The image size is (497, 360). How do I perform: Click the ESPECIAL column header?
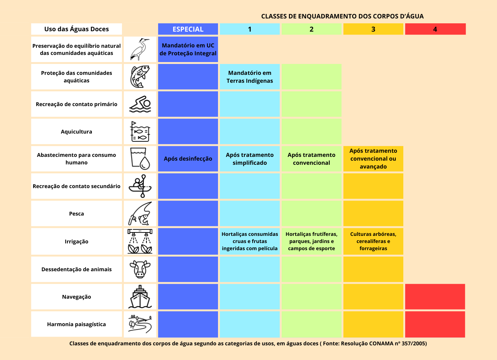click(188, 29)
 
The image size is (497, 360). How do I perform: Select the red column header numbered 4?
click(435, 29)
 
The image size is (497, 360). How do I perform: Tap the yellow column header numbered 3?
click(373, 29)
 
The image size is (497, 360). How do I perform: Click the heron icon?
click(140, 49)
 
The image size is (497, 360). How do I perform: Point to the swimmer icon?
click(140, 104)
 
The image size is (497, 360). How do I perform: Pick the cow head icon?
click(140, 269)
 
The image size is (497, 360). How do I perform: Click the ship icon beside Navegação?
click(140, 297)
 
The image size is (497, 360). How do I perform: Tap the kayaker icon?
click(140, 186)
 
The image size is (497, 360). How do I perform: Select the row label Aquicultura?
click(76, 132)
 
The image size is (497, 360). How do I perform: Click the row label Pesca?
click(76, 214)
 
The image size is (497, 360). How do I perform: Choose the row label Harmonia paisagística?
click(76, 324)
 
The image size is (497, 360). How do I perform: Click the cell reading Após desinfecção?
click(188, 159)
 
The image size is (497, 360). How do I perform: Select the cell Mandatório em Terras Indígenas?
click(250, 77)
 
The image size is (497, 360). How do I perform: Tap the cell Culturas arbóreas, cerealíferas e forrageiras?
click(373, 241)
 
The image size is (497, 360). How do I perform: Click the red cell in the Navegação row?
click(435, 297)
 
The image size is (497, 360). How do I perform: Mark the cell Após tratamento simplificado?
click(250, 159)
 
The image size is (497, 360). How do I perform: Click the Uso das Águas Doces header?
click(76, 29)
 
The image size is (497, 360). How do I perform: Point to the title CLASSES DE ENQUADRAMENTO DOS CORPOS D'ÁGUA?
click(342, 16)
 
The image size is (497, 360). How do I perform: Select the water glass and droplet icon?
click(140, 159)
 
